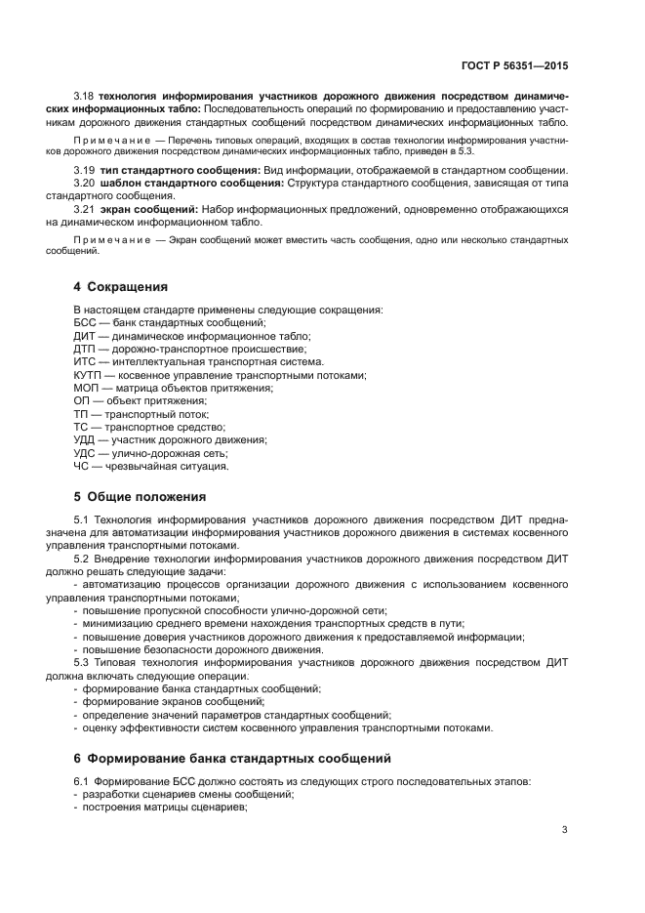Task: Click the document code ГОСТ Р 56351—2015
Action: pyautogui.click(x=514, y=66)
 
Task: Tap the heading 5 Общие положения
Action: pyautogui.click(x=140, y=495)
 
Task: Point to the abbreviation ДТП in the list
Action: pyautogui.click(x=85, y=349)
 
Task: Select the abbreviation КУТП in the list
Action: pyautogui.click(x=89, y=375)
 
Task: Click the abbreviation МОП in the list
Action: pyautogui.click(x=86, y=388)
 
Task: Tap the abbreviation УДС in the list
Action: pyautogui.click(x=85, y=453)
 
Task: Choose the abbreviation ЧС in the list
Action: pyautogui.click(x=82, y=466)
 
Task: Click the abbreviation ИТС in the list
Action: pyautogui.click(x=85, y=362)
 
